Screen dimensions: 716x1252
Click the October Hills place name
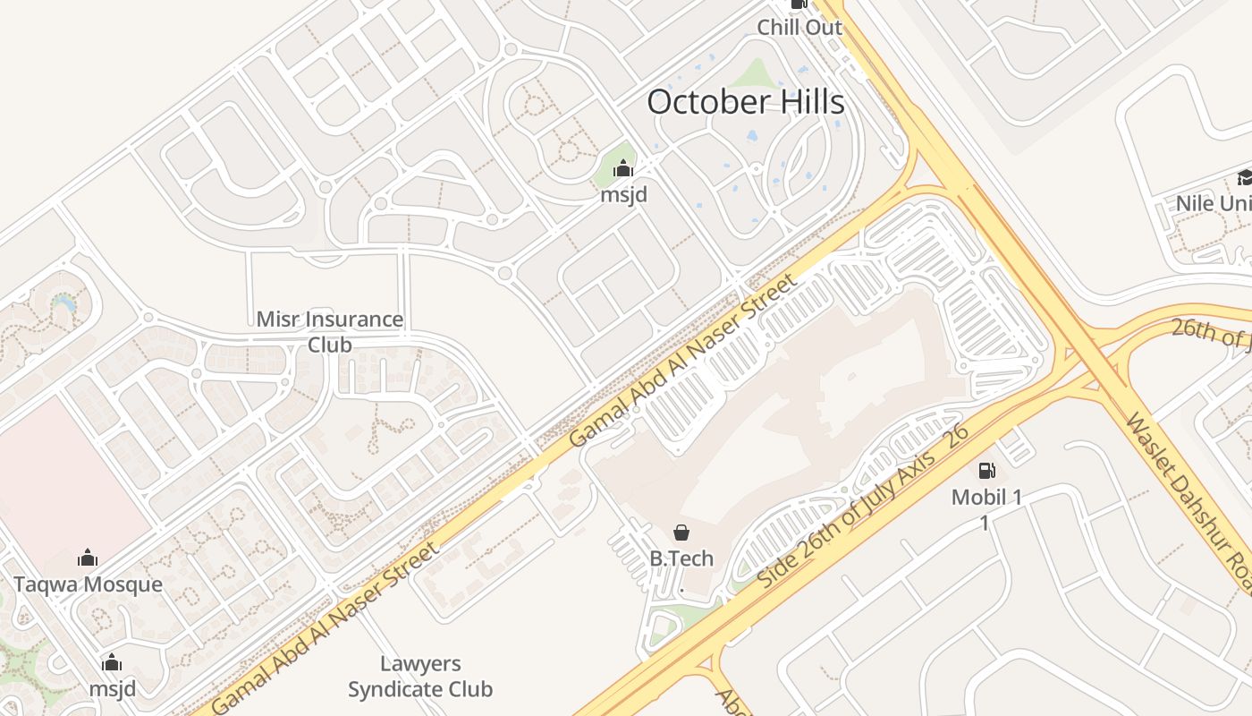[745, 102]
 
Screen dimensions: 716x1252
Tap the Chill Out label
[799, 28]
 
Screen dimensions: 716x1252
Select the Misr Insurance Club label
[329, 332]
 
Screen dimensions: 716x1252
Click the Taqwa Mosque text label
[88, 585]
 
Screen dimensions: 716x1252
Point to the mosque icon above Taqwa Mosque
[88, 558]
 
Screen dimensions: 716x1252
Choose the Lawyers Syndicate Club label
[420, 677]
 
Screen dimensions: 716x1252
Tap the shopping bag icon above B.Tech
[681, 533]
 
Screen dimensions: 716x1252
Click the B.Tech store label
[681, 559]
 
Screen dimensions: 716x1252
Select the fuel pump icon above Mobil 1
[986, 471]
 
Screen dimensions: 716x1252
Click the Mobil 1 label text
[986, 498]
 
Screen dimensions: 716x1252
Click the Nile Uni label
[1213, 204]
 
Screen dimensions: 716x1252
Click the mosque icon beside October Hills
[623, 168]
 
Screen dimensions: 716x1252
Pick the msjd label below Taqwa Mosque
[112, 689]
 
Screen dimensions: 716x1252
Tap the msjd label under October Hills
[623, 194]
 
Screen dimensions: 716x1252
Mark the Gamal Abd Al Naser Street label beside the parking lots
[681, 362]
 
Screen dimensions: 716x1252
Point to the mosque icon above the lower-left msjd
[112, 663]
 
